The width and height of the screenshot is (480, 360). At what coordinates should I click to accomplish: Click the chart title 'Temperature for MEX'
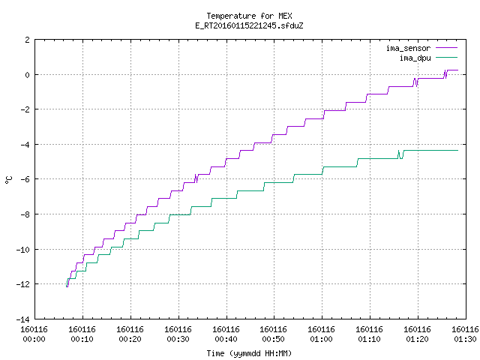(x=249, y=16)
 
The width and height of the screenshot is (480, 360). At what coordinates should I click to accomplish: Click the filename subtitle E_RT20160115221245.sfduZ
(x=249, y=25)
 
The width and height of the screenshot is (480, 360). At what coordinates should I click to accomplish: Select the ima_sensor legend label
(x=408, y=48)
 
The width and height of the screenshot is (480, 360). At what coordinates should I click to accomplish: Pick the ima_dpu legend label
(x=415, y=58)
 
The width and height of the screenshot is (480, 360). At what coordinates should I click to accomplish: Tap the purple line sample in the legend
(x=447, y=48)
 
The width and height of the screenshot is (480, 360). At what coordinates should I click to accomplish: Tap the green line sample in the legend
(x=447, y=57)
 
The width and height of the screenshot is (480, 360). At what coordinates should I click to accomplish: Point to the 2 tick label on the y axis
(x=28, y=40)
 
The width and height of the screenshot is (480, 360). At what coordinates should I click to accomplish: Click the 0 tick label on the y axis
(x=28, y=75)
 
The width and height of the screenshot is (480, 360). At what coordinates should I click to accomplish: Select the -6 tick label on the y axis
(x=25, y=179)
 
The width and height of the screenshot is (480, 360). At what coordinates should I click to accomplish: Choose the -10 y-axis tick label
(x=23, y=250)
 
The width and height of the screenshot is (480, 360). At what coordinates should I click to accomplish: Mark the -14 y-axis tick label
(x=23, y=319)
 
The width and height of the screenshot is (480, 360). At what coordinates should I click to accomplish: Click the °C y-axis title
(x=9, y=180)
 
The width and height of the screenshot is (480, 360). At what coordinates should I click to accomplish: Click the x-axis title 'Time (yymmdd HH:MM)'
(x=249, y=353)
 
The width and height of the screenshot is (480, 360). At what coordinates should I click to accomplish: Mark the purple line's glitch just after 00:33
(x=196, y=178)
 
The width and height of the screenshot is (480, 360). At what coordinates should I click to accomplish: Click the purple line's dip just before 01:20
(x=415, y=83)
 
